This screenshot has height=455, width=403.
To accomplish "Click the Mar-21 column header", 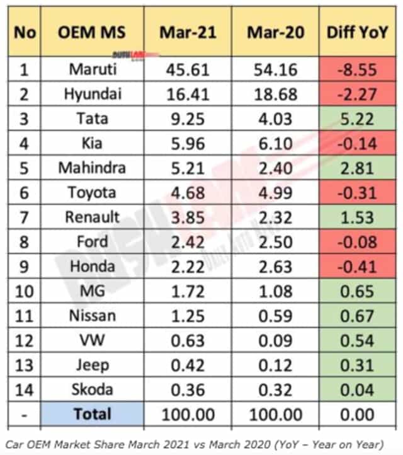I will point(187,32).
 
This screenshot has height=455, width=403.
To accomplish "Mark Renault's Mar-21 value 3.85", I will point(187,217).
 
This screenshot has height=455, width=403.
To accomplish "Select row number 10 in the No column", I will point(25,291).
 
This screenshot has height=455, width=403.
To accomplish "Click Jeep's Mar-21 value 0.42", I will point(187,365).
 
